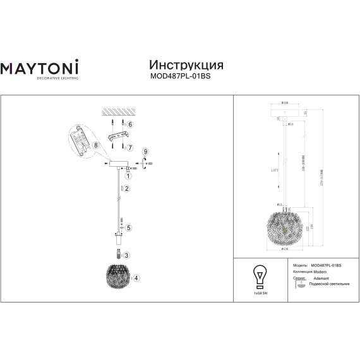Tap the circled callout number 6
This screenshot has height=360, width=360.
pyautogui.click(x=130, y=125)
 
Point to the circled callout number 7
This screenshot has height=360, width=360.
pyautogui.click(x=130, y=147)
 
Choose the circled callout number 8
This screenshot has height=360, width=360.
pyautogui.click(x=96, y=145)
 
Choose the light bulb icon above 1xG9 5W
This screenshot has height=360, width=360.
pyautogui.click(x=258, y=275)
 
